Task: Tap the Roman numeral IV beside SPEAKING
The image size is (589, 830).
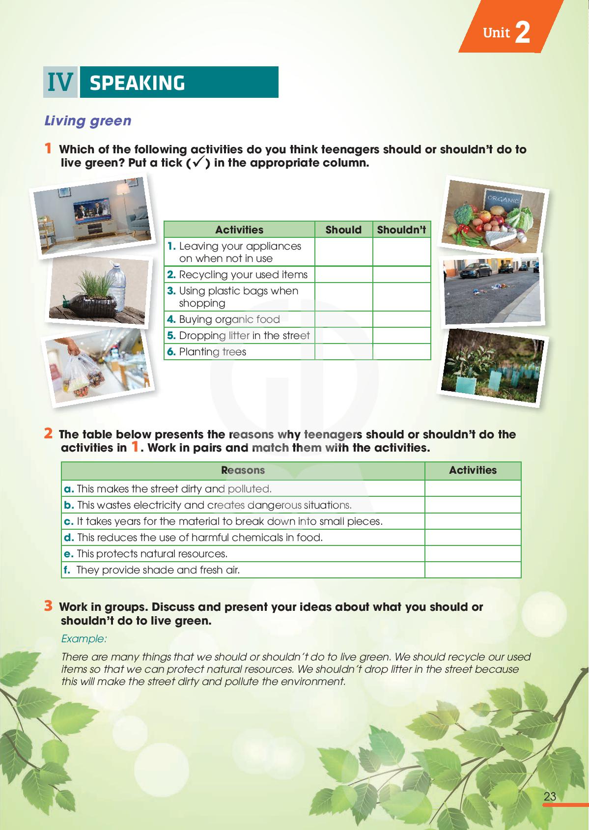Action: click(x=60, y=83)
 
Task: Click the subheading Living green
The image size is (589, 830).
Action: click(x=88, y=120)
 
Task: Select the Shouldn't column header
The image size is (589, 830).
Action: click(x=401, y=229)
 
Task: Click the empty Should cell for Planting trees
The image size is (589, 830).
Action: click(x=343, y=352)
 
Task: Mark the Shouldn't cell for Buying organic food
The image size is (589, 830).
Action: click(x=401, y=319)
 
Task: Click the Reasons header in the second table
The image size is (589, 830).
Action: click(x=243, y=470)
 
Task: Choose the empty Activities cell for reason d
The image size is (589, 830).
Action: click(x=473, y=538)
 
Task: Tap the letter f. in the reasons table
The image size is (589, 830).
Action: click(x=68, y=570)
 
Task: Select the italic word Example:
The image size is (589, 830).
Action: click(x=84, y=639)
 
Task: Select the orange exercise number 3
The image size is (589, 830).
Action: click(x=48, y=606)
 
